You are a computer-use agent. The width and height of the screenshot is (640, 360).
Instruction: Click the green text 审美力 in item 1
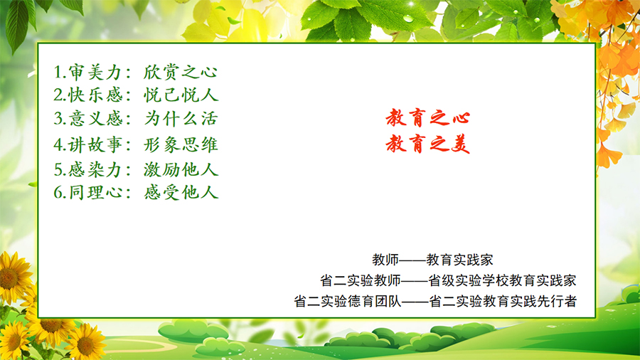[x=95, y=73]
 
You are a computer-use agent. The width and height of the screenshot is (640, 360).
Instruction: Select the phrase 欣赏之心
[x=181, y=73]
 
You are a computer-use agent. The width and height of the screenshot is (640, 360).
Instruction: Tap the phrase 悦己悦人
[x=181, y=95]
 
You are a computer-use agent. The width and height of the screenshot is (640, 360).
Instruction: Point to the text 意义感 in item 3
[x=95, y=118]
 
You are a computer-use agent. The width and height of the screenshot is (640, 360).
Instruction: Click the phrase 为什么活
[x=181, y=118]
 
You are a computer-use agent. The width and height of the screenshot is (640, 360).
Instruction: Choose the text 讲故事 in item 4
[x=95, y=144]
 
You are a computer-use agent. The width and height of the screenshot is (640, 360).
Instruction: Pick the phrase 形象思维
[x=181, y=144]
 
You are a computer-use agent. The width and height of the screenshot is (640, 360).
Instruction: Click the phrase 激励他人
[x=181, y=169]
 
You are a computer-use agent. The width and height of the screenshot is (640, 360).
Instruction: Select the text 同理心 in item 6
[x=95, y=192]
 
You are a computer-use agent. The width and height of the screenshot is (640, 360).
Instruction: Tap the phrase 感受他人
[x=181, y=192]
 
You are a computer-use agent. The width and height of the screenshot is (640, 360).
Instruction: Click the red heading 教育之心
[x=428, y=118]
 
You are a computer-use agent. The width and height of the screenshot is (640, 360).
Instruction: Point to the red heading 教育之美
[x=428, y=144]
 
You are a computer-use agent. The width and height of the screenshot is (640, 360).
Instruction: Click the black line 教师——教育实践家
[x=432, y=260]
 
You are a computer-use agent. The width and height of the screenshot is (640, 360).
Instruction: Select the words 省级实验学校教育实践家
[x=502, y=280]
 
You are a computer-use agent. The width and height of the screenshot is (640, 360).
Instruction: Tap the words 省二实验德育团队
[x=348, y=301]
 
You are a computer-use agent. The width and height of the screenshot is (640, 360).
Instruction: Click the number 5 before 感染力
[x=58, y=170]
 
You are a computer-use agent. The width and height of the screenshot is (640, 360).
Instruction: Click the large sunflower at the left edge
[x=14, y=277]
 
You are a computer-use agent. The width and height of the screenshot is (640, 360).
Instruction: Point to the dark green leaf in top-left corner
[x=17, y=24]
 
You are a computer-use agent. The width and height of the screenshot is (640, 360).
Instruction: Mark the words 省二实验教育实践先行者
[x=503, y=301]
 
